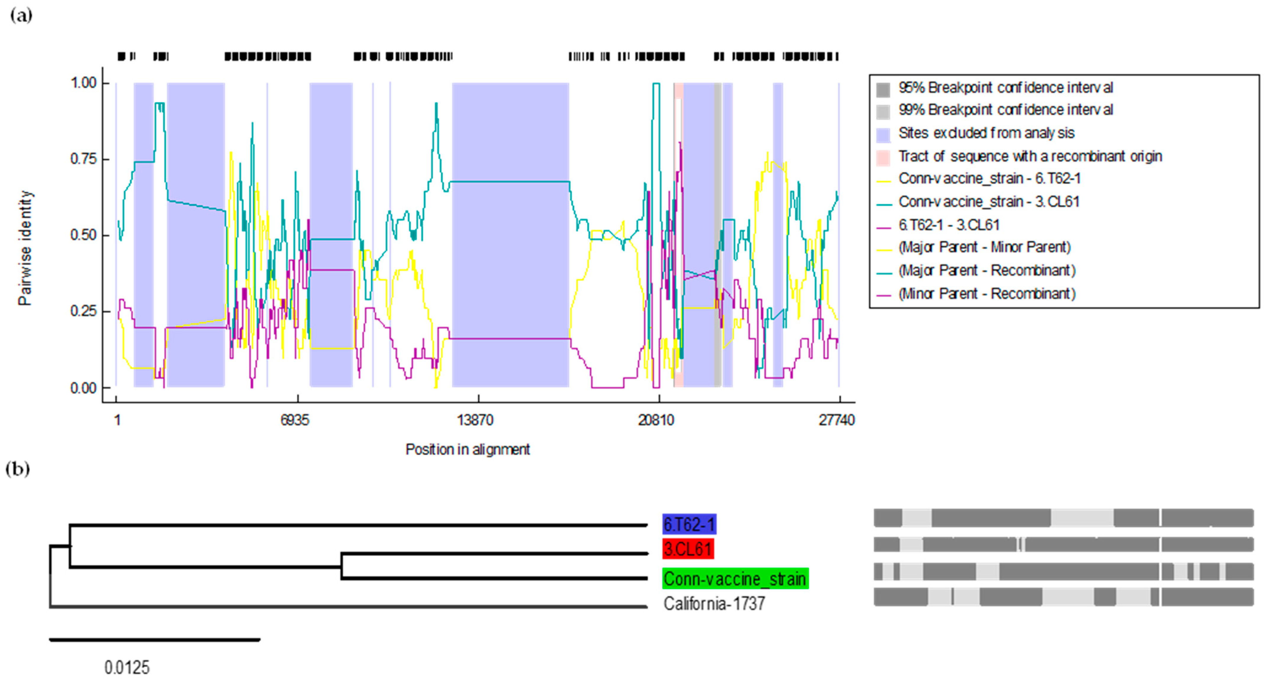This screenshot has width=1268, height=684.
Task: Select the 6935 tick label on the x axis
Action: [x=295, y=420]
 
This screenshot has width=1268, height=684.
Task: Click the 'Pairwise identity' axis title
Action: [x=25, y=248]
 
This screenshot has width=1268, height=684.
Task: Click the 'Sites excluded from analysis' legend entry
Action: [x=986, y=133]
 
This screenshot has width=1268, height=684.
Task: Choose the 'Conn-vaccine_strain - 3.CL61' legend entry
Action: [x=988, y=202]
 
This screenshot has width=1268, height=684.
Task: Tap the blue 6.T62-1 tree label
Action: [x=689, y=524]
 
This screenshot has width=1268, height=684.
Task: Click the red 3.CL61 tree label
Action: [x=688, y=549]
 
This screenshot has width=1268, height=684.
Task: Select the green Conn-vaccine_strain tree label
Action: [x=735, y=579]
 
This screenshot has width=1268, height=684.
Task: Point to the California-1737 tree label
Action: [x=714, y=603]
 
